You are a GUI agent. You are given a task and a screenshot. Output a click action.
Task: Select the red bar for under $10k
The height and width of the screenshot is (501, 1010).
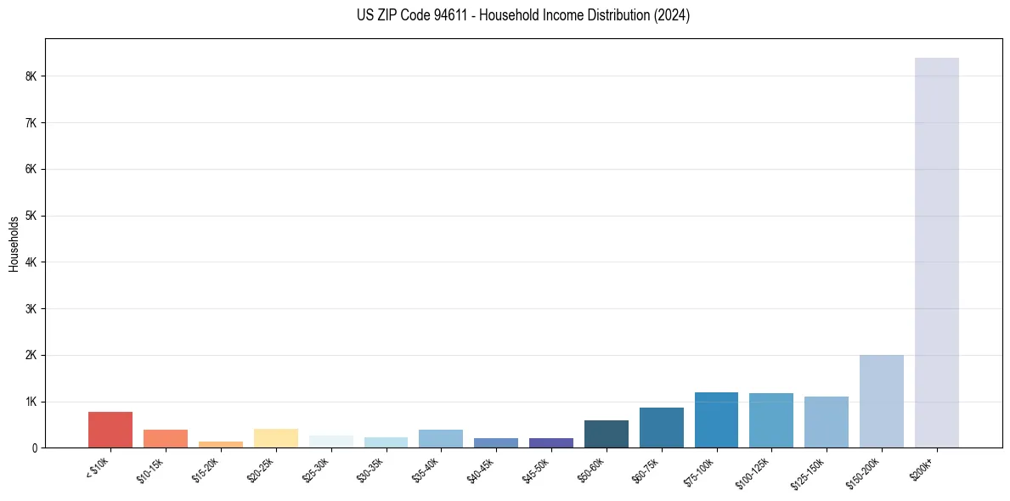pos(110,430)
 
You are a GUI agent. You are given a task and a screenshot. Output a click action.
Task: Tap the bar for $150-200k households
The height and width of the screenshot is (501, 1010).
pos(881,401)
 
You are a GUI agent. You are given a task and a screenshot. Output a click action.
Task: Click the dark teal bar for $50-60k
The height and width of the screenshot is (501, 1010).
pos(606,434)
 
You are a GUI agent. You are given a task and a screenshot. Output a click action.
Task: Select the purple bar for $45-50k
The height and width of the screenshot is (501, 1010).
pos(550,442)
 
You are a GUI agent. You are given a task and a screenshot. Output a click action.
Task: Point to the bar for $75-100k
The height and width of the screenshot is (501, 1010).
pos(716,419)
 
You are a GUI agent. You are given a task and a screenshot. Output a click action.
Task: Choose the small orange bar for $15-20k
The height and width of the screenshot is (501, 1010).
pos(220,444)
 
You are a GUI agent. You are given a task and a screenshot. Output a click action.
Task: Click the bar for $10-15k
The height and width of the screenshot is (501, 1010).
pos(165,438)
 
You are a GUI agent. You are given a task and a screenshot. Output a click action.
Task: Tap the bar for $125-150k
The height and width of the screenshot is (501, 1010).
pos(826,422)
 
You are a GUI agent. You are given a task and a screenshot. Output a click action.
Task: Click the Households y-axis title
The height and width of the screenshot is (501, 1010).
pos(14,243)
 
